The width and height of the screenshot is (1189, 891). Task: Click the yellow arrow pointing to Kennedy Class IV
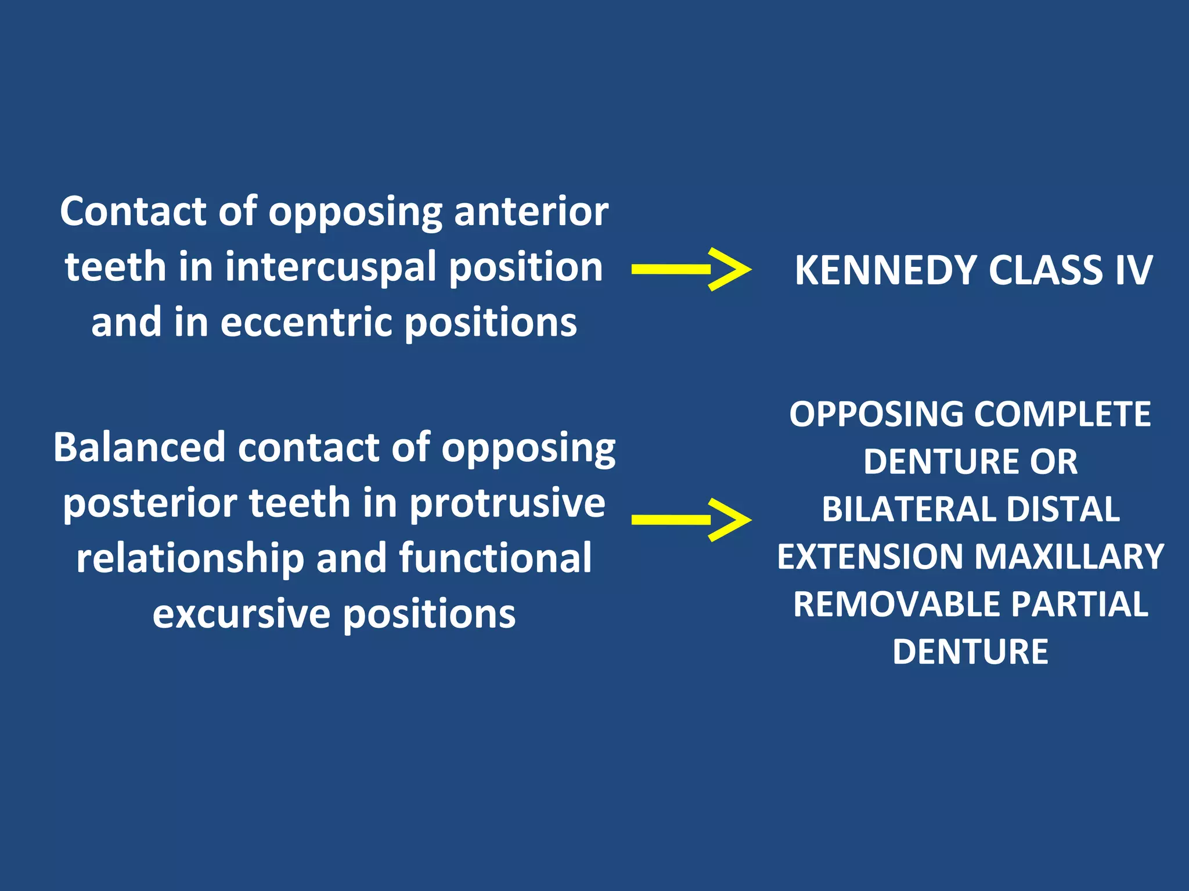point(691,269)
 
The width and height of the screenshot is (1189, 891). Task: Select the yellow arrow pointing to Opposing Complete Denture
point(691,519)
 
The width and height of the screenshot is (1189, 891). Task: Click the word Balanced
point(139,447)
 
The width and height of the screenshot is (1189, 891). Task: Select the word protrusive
point(507,503)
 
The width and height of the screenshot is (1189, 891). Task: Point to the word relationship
point(190,558)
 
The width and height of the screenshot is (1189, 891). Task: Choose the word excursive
point(242,614)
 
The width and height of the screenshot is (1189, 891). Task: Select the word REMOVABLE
point(896,604)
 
